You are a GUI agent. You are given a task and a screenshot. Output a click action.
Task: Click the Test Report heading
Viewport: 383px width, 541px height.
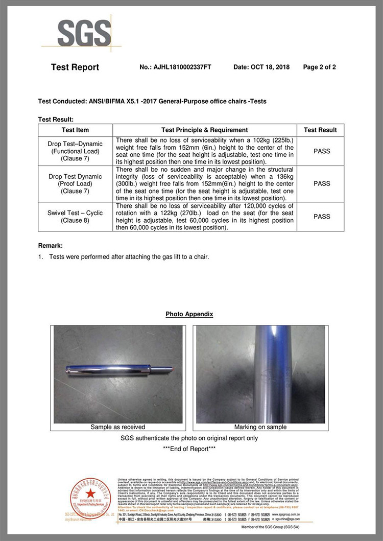pyautogui.click(x=75, y=67)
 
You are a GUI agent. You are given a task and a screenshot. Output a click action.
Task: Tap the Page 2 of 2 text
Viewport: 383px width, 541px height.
pyautogui.click(x=319, y=67)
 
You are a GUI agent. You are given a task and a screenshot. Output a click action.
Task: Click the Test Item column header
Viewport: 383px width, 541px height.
pyautogui.click(x=75, y=130)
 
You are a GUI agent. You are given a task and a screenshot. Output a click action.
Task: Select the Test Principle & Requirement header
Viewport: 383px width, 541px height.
pyautogui.click(x=204, y=130)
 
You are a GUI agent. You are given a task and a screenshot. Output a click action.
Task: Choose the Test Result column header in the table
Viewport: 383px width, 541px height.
pyautogui.click(x=320, y=130)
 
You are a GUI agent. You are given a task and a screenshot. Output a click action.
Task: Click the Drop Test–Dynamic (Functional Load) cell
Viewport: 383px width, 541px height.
pyautogui.click(x=75, y=151)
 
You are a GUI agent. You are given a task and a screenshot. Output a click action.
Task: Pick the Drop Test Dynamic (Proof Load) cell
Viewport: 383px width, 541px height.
pyautogui.click(x=75, y=184)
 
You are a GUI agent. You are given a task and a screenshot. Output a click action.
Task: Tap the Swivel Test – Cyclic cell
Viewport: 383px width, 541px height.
pyautogui.click(x=75, y=217)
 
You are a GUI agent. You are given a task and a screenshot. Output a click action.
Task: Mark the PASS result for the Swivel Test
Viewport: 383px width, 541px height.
pyautogui.click(x=322, y=217)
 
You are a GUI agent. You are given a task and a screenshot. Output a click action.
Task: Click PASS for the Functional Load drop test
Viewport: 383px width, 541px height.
pyautogui.click(x=322, y=151)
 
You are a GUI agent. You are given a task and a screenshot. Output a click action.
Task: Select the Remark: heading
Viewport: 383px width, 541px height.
pyautogui.click(x=50, y=245)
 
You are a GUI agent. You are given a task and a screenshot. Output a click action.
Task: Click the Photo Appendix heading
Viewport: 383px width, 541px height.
pyautogui.click(x=189, y=314)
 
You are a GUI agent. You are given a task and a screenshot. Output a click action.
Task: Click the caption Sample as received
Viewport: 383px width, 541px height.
pyautogui.click(x=118, y=427)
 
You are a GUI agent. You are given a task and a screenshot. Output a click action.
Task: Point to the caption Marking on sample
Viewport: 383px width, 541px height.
pyautogui.click(x=260, y=427)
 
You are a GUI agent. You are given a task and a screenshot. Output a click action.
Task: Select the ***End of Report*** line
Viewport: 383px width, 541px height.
pyautogui.click(x=189, y=449)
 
